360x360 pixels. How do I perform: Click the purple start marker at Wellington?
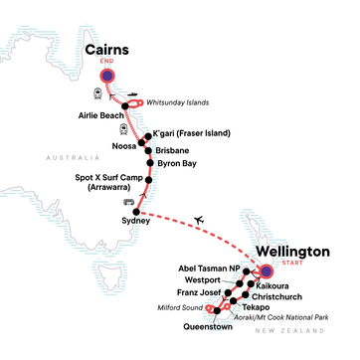coord(266,271)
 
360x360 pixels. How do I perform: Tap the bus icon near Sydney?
coord(126,202)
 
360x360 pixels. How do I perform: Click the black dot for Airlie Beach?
coord(126,104)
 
